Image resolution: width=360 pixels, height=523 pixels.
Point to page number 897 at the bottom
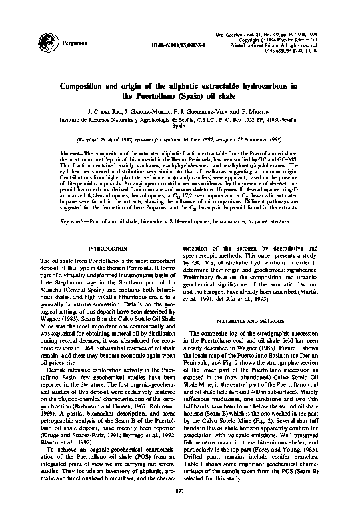click(x=180, y=510)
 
